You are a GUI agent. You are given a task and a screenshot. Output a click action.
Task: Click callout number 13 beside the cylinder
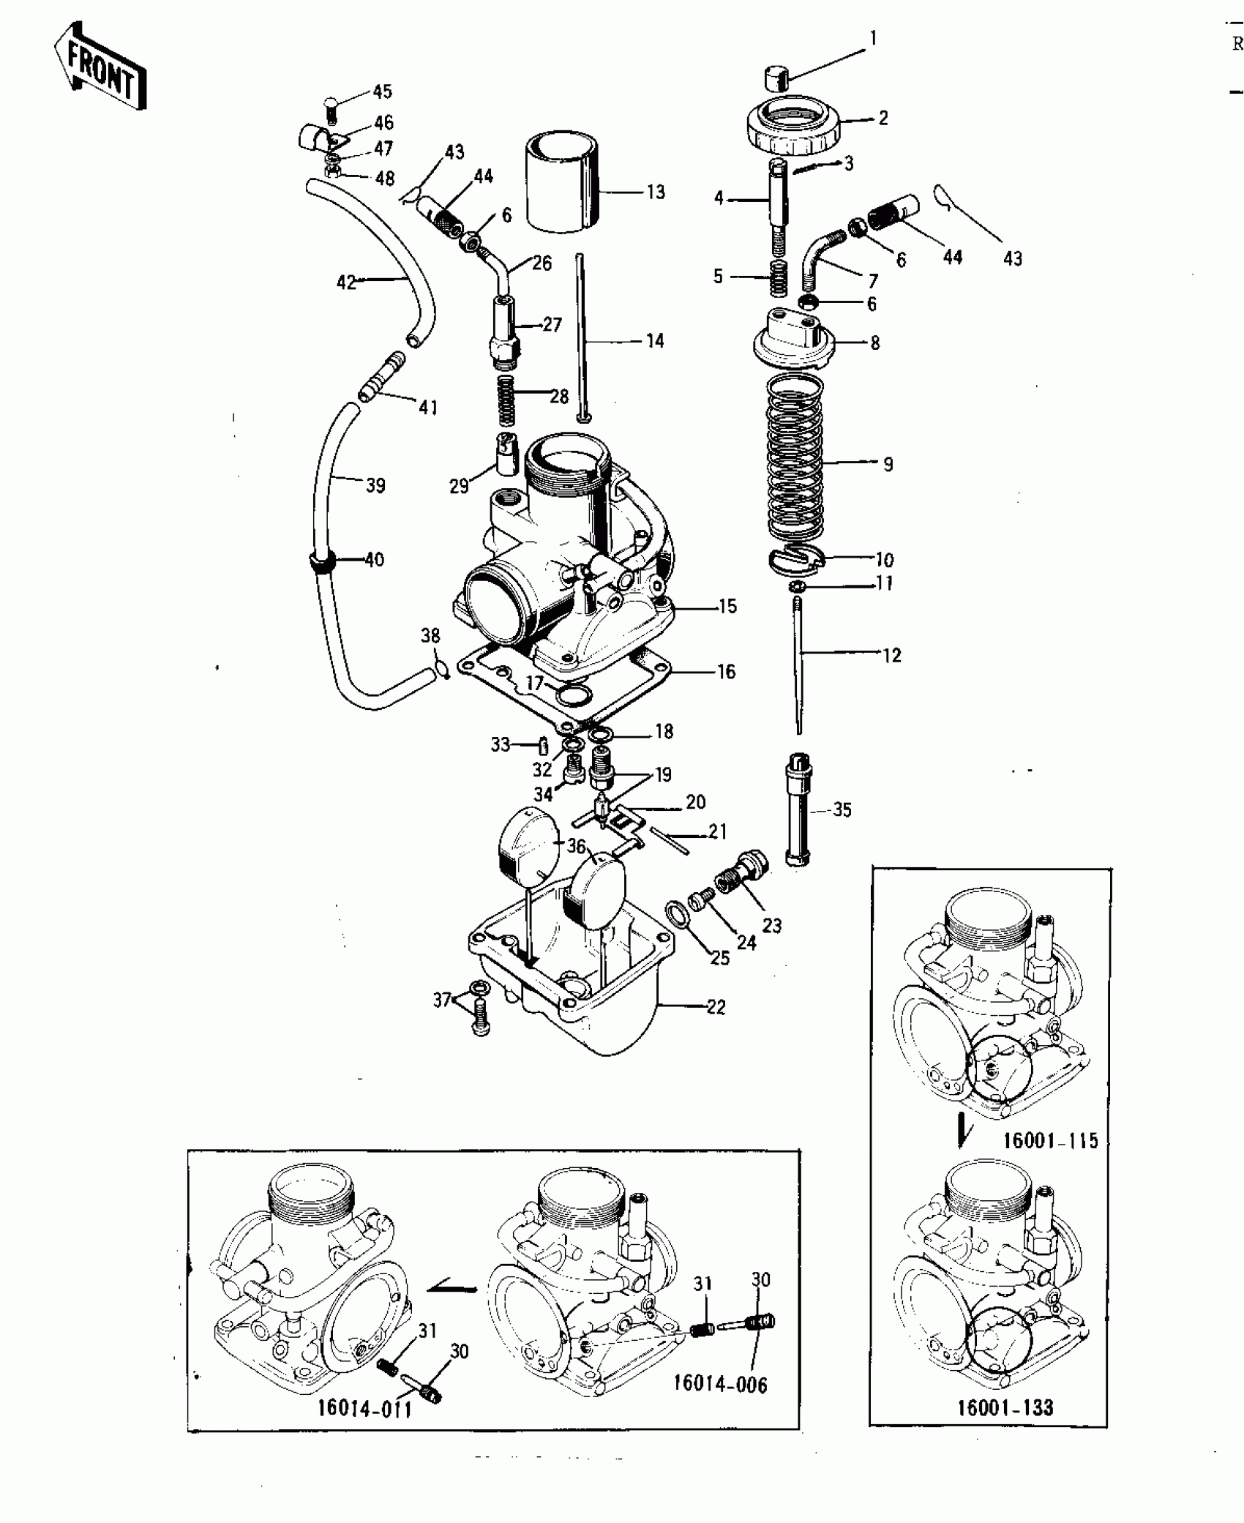click(655, 192)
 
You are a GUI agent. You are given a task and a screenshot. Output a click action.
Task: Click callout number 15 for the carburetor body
click(727, 606)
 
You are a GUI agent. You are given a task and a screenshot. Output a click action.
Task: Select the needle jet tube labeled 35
click(798, 810)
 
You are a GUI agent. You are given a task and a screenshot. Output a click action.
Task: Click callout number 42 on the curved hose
click(345, 281)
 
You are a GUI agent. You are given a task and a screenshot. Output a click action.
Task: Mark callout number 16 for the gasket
click(725, 671)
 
